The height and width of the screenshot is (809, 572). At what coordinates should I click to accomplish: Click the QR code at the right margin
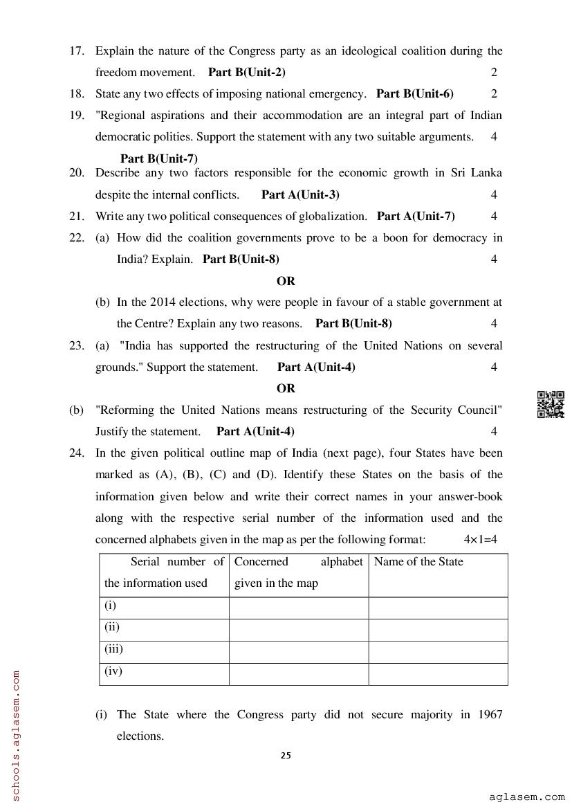tap(551, 405)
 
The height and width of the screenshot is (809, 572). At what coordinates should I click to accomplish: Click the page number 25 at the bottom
tap(286, 756)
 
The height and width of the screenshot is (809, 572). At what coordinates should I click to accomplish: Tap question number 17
tap(76, 51)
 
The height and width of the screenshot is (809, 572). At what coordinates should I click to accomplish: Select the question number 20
tap(76, 172)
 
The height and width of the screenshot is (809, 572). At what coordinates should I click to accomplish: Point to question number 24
tap(76, 453)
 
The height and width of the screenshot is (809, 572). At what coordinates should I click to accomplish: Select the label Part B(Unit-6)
tap(415, 93)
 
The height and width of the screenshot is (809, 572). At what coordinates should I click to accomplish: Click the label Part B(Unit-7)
tap(159, 158)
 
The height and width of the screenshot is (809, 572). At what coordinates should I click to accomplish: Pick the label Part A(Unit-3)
tap(300, 194)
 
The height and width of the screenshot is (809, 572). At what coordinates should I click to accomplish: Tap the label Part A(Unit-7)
tap(416, 216)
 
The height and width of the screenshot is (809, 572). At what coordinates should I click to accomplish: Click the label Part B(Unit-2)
tap(247, 72)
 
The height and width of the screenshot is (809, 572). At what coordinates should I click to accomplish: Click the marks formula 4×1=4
tap(481, 539)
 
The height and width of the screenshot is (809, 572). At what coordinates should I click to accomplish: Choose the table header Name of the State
tap(418, 561)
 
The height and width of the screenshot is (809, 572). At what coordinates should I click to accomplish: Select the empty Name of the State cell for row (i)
tap(438, 608)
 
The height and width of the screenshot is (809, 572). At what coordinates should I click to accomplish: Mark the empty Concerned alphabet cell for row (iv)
tap(298, 673)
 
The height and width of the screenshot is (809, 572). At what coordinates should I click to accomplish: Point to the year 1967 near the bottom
tap(490, 714)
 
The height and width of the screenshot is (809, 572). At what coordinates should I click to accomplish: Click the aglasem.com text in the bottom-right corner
tap(526, 797)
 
